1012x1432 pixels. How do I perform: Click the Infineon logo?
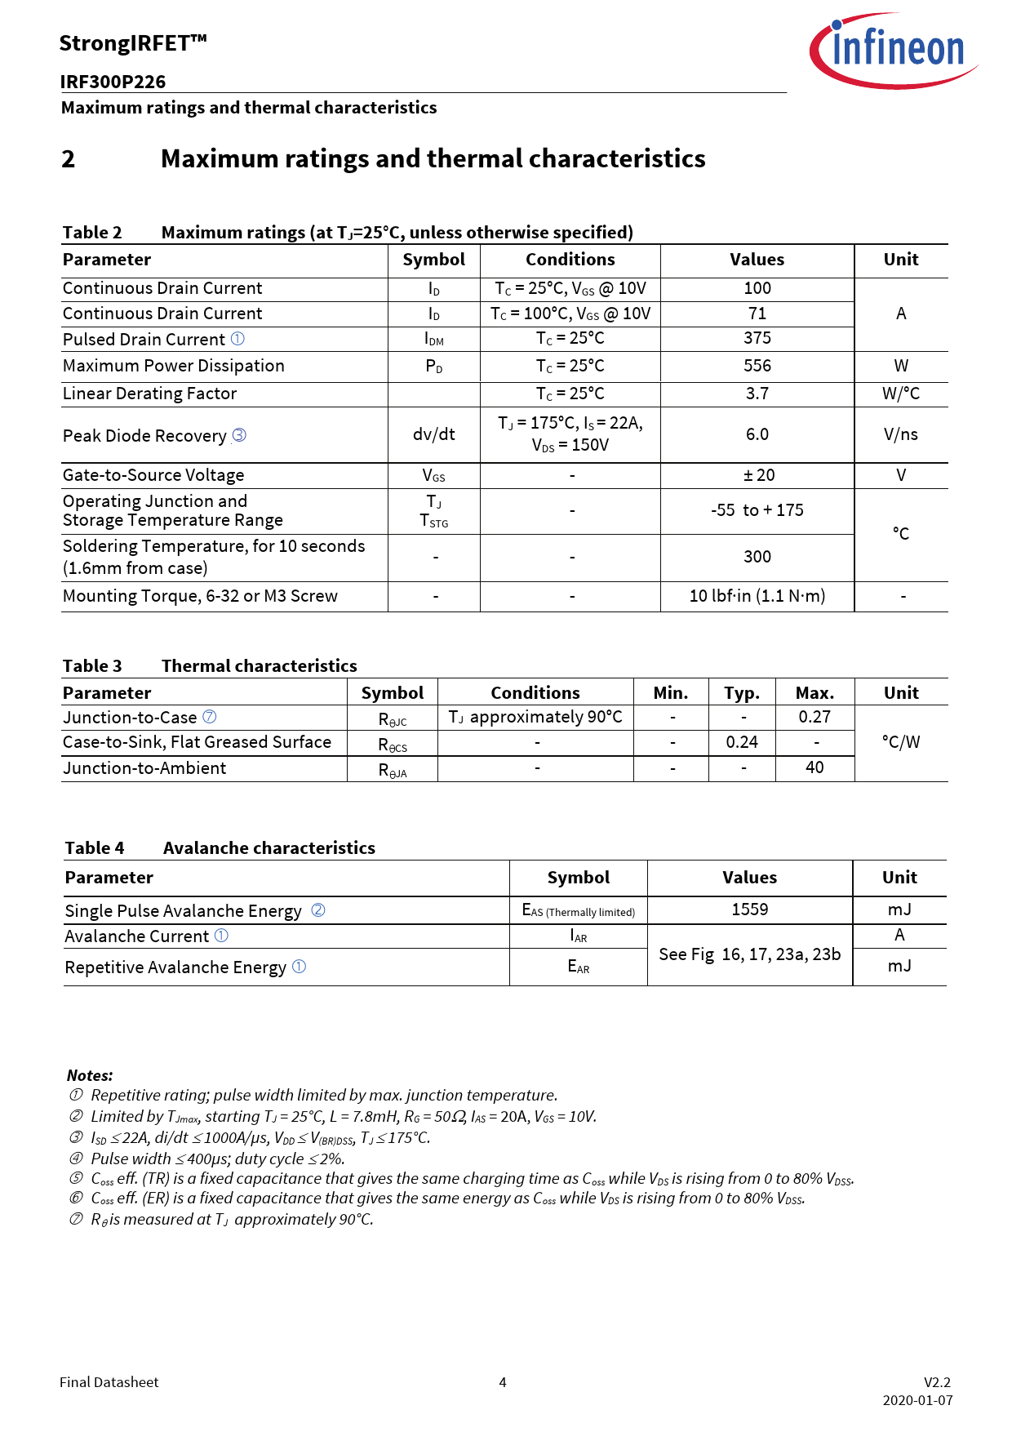coord(894,51)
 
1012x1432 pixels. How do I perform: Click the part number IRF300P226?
coord(113,82)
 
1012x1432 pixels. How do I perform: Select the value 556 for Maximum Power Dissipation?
coord(757,366)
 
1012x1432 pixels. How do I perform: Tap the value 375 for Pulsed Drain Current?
coord(757,338)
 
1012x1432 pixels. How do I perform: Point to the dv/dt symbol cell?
coord(433,434)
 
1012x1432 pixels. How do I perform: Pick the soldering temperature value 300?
coord(757,557)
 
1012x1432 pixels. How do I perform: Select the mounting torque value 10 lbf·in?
coord(757,596)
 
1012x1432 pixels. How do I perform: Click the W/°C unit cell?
coord(900,394)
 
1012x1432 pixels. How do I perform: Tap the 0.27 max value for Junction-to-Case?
coord(814,717)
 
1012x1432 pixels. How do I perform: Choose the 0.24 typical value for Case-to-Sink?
coord(742,742)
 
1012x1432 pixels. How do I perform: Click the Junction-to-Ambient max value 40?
coord(814,767)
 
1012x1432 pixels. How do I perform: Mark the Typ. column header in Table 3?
coord(742,693)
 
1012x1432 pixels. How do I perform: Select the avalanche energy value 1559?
coord(749,909)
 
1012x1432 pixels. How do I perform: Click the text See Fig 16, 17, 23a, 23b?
coord(749,954)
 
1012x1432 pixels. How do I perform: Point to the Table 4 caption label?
coord(95,848)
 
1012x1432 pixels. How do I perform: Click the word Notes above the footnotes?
coord(90,1075)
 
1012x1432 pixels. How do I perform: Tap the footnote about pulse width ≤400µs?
coord(217,1158)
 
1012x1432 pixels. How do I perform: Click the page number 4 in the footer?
coord(503,1382)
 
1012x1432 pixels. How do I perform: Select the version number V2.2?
coord(937,1382)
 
